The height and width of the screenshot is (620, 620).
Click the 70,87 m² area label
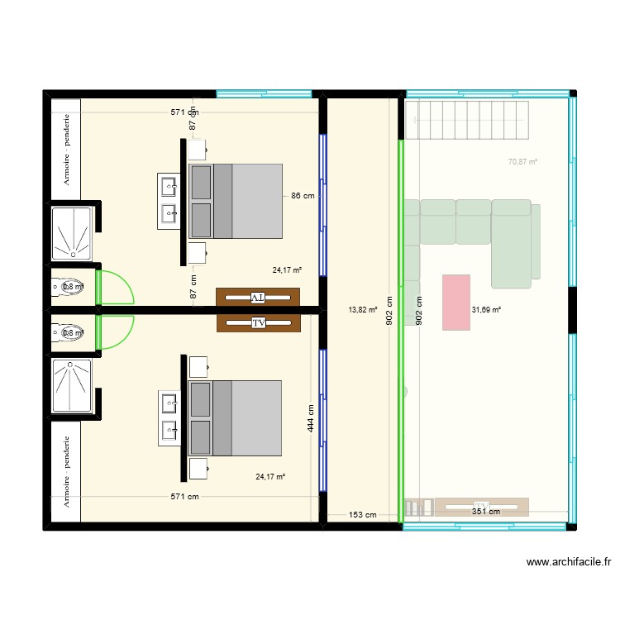click(x=522, y=162)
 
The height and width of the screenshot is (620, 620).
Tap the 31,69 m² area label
click(x=486, y=310)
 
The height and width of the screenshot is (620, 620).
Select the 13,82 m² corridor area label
click(x=362, y=310)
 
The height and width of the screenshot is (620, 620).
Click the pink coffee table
click(x=456, y=303)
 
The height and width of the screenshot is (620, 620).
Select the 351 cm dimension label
click(x=485, y=512)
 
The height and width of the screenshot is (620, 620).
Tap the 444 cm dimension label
click(x=310, y=419)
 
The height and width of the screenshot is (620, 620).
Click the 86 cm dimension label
click(x=302, y=197)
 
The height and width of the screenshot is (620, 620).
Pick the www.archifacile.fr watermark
click(x=569, y=562)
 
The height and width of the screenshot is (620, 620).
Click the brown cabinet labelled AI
click(x=258, y=297)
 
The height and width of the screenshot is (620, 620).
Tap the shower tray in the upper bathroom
click(x=73, y=229)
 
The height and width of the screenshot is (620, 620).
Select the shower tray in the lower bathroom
click(x=73, y=385)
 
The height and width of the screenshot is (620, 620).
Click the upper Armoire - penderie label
click(x=66, y=149)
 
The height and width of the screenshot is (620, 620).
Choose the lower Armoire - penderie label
click(x=66, y=471)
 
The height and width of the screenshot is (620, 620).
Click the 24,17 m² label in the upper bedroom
click(x=288, y=269)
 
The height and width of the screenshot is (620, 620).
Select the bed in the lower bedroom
click(x=236, y=418)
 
